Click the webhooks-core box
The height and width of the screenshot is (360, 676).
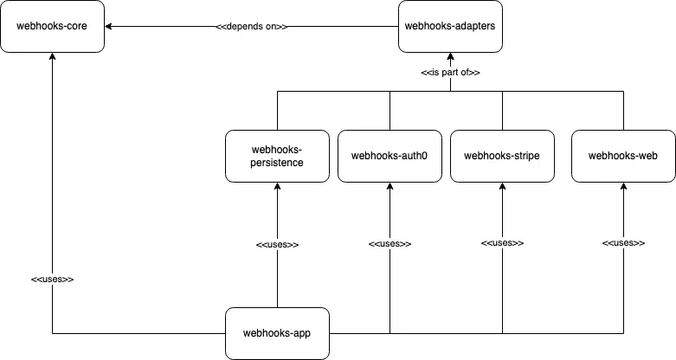tap(53, 26)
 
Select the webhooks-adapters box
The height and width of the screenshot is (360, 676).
tap(450, 26)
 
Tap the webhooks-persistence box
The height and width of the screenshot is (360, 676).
tap(277, 156)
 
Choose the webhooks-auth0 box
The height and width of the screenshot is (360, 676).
tap(390, 156)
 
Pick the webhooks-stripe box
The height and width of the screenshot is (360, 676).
tap(502, 156)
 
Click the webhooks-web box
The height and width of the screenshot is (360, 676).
tap(623, 156)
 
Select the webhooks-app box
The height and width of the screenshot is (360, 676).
tap(277, 333)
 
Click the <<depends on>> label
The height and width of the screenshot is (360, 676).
tap(252, 27)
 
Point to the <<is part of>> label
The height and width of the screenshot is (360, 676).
tap(450, 73)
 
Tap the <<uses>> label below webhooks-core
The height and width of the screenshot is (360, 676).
tap(53, 280)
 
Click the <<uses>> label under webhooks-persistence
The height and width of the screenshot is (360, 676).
tap(277, 245)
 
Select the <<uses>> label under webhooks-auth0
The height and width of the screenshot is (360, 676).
tap(390, 244)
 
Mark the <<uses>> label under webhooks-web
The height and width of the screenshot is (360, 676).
tap(623, 244)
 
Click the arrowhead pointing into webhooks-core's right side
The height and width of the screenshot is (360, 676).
tap(110, 27)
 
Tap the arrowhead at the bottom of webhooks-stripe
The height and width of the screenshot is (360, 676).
tap(502, 187)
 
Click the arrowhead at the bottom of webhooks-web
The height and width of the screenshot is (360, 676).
tap(623, 187)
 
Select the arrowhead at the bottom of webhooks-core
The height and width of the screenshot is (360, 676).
tap(53, 57)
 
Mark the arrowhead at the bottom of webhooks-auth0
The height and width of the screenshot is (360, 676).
tap(390, 187)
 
